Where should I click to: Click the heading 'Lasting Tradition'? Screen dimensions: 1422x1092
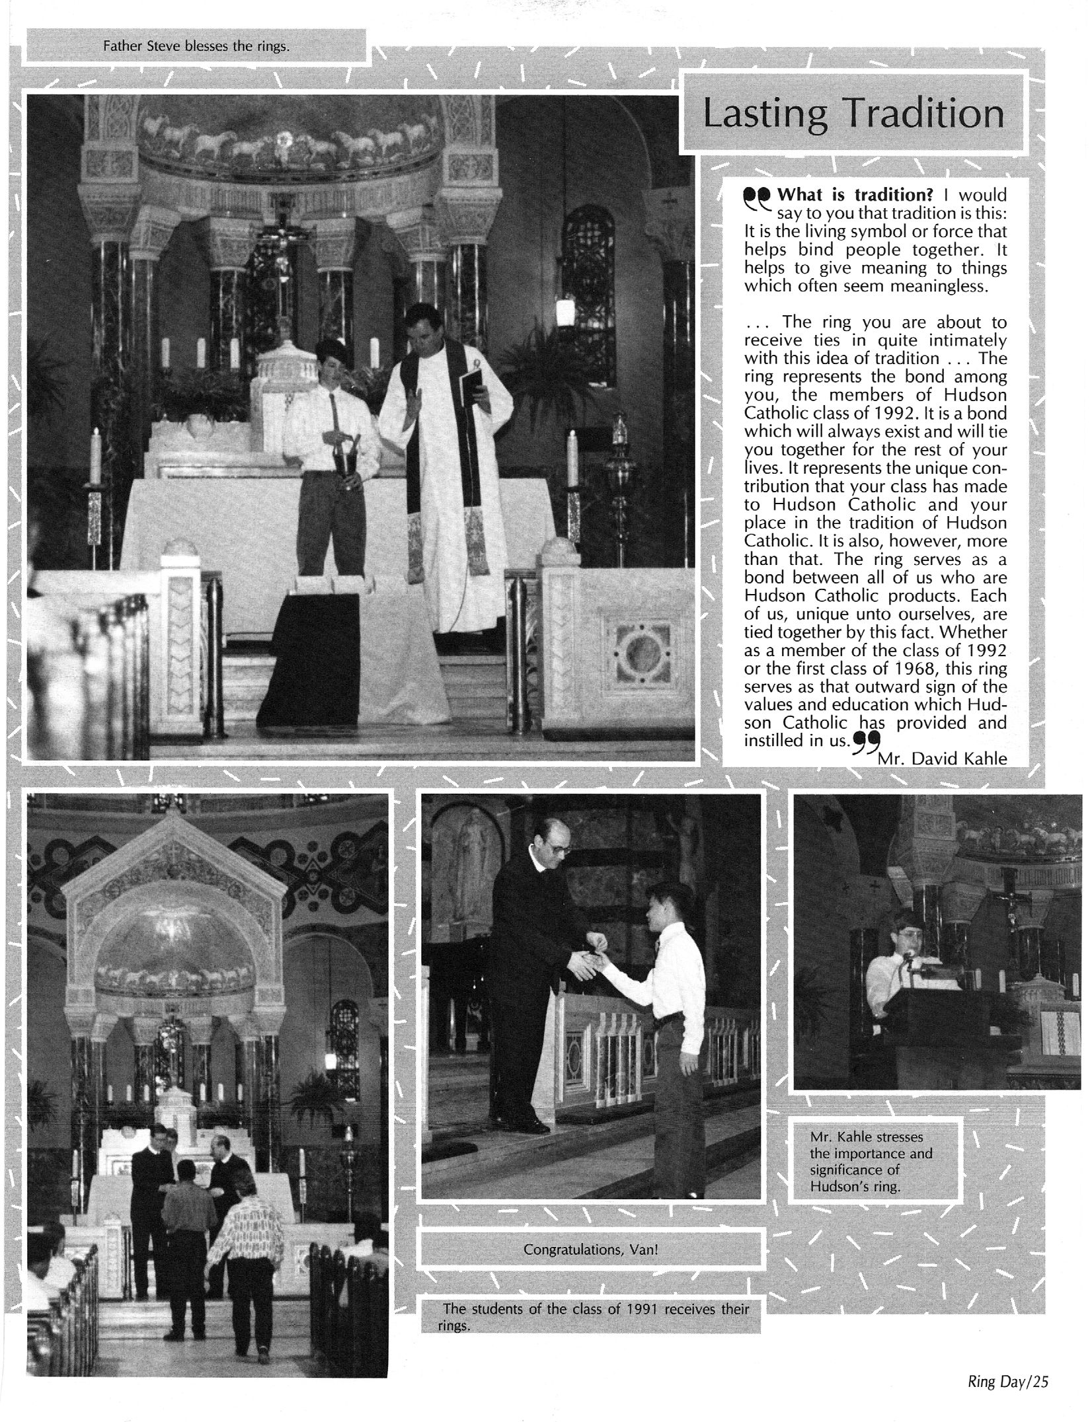[x=853, y=114]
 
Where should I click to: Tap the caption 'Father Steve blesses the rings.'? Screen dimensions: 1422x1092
[x=196, y=46]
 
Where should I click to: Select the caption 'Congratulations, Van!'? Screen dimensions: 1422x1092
[x=590, y=1250]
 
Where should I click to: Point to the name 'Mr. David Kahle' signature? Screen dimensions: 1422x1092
[x=942, y=759]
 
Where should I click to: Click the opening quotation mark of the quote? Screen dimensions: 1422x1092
[x=756, y=197]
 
